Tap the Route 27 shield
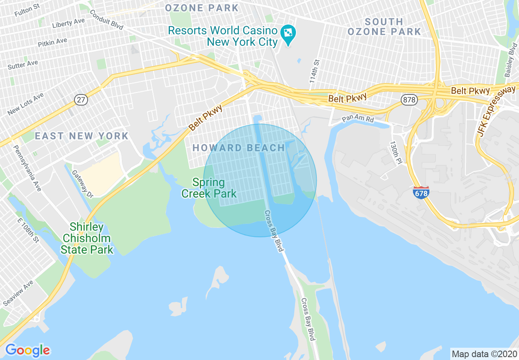coord(81,99)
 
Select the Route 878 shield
coord(409,99)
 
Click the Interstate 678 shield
coord(421,192)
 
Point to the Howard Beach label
coord(239,148)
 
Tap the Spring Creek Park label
coord(209,188)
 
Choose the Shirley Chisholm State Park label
coord(86,238)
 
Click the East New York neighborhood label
coord(81,136)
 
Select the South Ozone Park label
coord(384,27)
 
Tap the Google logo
coord(27,350)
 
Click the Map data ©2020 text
coord(483,353)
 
